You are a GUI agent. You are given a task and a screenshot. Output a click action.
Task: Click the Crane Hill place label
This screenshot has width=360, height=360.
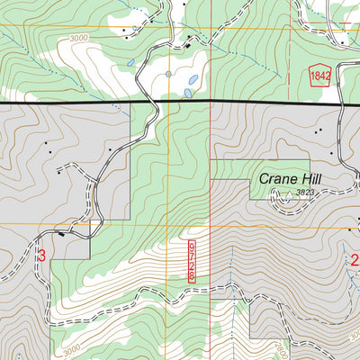pyautogui.click(x=290, y=179)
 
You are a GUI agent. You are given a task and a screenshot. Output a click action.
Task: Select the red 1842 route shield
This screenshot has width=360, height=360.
pyautogui.click(x=319, y=76)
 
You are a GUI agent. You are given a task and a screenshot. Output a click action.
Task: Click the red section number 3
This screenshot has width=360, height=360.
pyautogui.click(x=41, y=256)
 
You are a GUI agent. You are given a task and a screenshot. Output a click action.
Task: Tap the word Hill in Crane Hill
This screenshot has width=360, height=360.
pyautogui.click(x=308, y=179)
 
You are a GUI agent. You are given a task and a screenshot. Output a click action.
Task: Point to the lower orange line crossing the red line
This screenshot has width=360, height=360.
pyautogui.click(x=211, y=223)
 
